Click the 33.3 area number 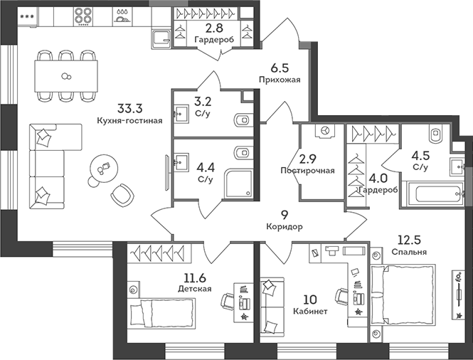click(130, 109)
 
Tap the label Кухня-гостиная click(130, 121)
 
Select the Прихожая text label click(285, 80)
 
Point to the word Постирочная click(307, 171)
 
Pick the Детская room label click(195, 289)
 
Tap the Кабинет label click(310, 312)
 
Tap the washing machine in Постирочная click(325, 132)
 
